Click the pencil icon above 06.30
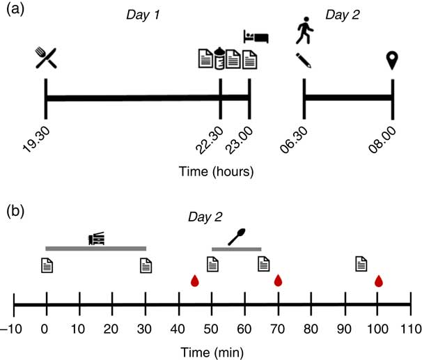[x=303, y=60]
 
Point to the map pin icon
[x=392, y=60]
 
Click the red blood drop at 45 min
[x=195, y=281]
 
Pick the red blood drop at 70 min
[x=278, y=281]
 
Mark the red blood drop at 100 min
[x=379, y=281]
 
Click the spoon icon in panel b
[x=237, y=237]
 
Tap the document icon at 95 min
[x=361, y=264]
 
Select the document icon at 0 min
[x=46, y=265]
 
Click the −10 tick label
[x=12, y=327]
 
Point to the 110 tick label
[x=410, y=327]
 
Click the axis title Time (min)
[x=212, y=350]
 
